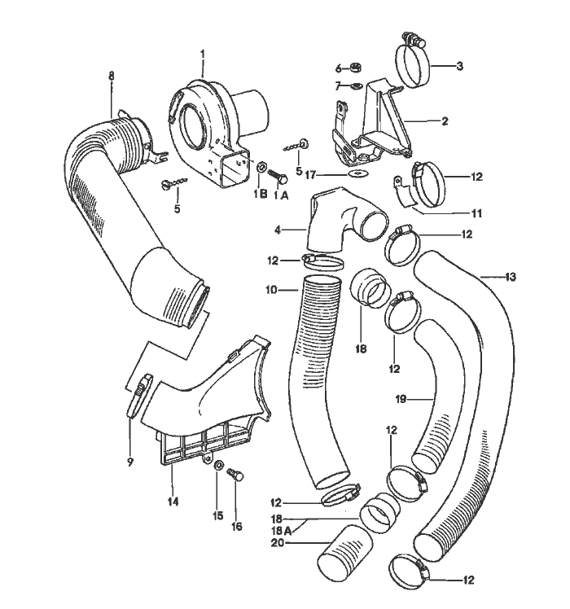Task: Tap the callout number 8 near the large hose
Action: click(x=112, y=76)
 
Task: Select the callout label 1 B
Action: click(x=260, y=194)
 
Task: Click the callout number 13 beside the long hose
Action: click(x=510, y=278)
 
